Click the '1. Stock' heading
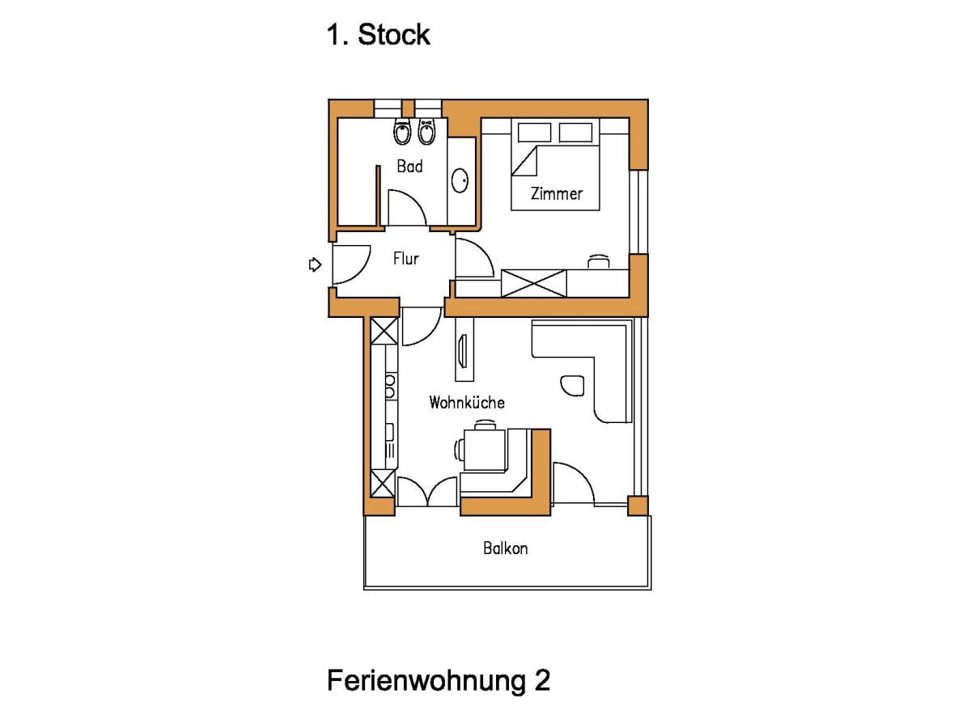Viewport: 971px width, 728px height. click(x=378, y=35)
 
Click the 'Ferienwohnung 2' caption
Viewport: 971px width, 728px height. click(x=439, y=680)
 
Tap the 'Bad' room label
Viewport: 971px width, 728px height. click(x=409, y=167)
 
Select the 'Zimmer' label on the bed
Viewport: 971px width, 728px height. click(x=556, y=194)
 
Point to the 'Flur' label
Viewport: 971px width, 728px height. click(x=405, y=259)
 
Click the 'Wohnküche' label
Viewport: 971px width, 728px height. click(x=467, y=402)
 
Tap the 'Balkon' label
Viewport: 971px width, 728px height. click(x=506, y=548)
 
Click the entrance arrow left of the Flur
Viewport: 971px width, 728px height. click(x=316, y=265)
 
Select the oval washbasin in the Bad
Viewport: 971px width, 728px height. click(x=460, y=180)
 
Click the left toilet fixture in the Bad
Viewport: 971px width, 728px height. click(x=402, y=132)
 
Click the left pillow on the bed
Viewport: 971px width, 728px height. click(x=534, y=133)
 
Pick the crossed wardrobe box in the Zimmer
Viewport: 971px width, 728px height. click(x=534, y=283)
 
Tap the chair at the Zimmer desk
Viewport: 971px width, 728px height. click(x=599, y=260)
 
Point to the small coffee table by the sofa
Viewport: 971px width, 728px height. click(x=571, y=385)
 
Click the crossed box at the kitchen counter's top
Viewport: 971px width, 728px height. click(x=384, y=331)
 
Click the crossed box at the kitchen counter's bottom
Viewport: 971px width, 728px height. click(x=383, y=483)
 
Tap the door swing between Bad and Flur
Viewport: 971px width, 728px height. click(x=407, y=210)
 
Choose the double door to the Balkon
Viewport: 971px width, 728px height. click(x=427, y=493)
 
